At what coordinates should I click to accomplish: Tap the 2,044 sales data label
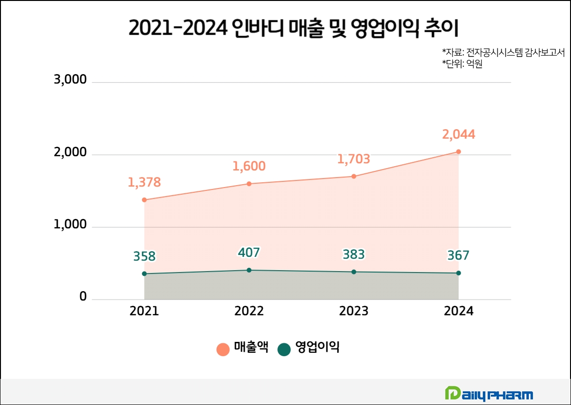pyautogui.click(x=458, y=135)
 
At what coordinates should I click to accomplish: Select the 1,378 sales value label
pyautogui.click(x=144, y=182)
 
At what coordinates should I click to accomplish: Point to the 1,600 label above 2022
pyautogui.click(x=249, y=167)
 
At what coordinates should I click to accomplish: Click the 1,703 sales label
pyautogui.click(x=353, y=159)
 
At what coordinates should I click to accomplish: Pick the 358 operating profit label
pyautogui.click(x=144, y=257)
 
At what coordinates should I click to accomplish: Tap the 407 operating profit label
pyautogui.click(x=249, y=253)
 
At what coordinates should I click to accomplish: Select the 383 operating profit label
pyautogui.click(x=353, y=255)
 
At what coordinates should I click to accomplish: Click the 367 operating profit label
pyautogui.click(x=458, y=256)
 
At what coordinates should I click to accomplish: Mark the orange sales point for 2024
pyautogui.click(x=458, y=152)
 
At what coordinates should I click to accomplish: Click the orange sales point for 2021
pyautogui.click(x=144, y=200)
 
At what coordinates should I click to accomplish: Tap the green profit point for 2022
pyautogui.click(x=249, y=270)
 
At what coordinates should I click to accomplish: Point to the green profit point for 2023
pyautogui.click(x=354, y=272)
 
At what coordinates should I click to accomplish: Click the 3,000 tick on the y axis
pyautogui.click(x=71, y=80)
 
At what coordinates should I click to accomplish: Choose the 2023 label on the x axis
pyautogui.click(x=353, y=311)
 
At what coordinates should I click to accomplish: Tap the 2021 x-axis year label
pyautogui.click(x=144, y=311)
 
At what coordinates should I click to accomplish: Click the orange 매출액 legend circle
pyautogui.click(x=223, y=349)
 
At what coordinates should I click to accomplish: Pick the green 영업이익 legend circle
pyautogui.click(x=284, y=349)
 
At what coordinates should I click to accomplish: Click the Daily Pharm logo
pyautogui.click(x=488, y=394)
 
